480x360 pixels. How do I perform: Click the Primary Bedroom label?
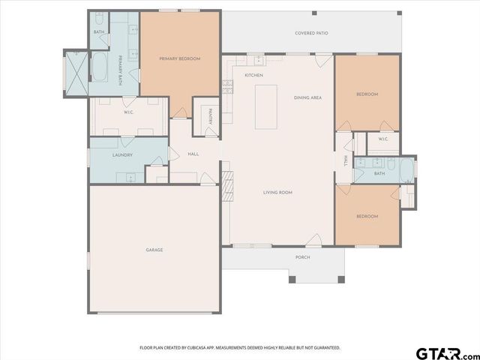[x=179, y=58]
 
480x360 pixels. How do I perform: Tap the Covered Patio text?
[x=310, y=34]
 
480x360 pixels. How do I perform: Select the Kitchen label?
[x=253, y=76]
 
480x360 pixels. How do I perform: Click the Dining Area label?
[x=307, y=97]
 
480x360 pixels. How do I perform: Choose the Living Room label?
[x=277, y=193]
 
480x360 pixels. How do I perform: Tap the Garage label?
[x=154, y=250]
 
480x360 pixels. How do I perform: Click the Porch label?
[x=302, y=257]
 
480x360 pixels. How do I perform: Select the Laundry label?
[x=122, y=155]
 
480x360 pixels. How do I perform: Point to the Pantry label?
[x=211, y=115]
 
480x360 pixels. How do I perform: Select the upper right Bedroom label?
[x=367, y=94]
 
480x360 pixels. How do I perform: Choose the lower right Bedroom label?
[x=367, y=216]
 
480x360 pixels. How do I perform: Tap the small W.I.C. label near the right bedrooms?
[x=382, y=139]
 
